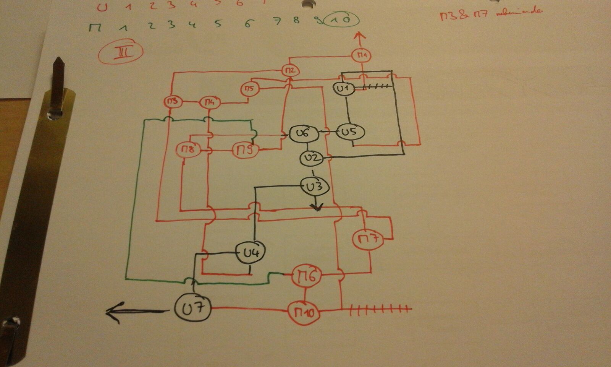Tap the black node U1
(343, 88)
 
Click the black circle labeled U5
(351, 132)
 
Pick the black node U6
(302, 133)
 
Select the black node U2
(311, 158)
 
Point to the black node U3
(314, 186)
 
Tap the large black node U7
(192, 308)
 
